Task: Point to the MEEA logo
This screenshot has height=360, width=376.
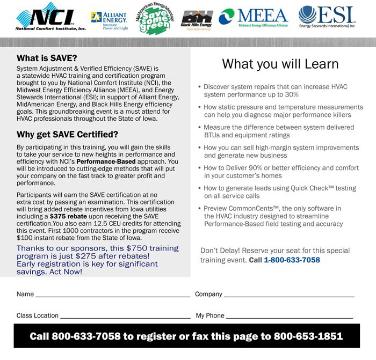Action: (254, 18)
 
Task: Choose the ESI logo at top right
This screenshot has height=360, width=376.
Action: (326, 17)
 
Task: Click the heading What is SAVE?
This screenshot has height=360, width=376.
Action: (47, 58)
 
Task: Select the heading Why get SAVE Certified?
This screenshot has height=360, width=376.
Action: (67, 134)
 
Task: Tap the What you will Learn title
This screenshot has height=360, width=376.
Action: (280, 64)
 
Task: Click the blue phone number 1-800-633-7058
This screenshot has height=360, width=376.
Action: (292, 260)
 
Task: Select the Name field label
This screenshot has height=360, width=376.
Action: (25, 295)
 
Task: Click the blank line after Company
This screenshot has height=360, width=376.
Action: (289, 296)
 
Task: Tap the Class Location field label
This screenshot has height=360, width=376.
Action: (38, 316)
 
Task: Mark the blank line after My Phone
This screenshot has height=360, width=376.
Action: (290, 317)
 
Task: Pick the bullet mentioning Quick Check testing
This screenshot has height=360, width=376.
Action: (280, 192)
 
